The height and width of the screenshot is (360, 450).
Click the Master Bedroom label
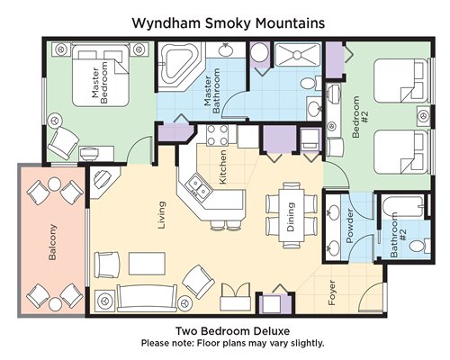100,83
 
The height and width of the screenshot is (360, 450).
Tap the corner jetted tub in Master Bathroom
177,66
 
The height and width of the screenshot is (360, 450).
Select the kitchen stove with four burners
217,135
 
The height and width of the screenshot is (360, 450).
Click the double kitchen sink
199,186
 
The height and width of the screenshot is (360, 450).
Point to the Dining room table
292,215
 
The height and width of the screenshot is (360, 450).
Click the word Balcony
52,242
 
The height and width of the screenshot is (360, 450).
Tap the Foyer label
332,292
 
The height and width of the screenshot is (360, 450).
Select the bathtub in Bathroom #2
402,207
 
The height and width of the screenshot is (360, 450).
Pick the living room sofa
147,299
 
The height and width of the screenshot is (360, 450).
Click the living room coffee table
147,264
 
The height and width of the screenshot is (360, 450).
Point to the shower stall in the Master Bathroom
298,55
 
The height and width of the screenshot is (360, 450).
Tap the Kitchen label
222,166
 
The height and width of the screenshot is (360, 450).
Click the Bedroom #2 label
360,117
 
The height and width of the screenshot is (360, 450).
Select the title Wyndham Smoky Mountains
229,23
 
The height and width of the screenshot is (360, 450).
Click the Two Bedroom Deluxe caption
232,331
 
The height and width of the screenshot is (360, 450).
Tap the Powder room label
350,226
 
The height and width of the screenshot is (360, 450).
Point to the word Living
162,215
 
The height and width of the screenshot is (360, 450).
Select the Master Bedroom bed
101,76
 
